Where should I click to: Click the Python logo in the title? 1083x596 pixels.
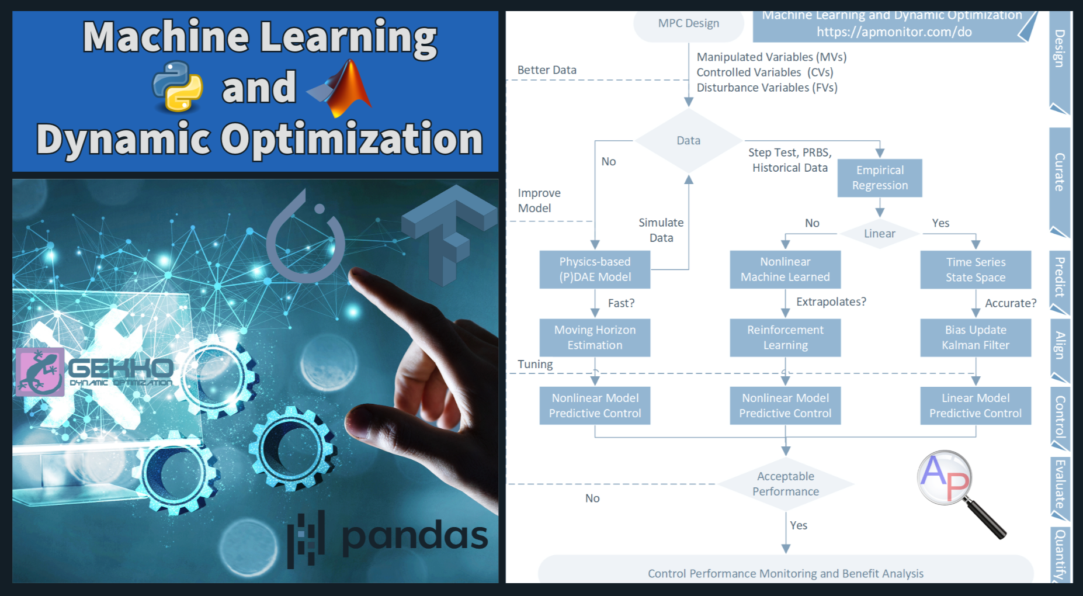pos(178,86)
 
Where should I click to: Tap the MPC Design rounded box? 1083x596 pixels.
pos(689,25)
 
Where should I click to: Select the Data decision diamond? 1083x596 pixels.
pos(689,141)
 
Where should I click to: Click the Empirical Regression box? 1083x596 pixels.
pos(880,178)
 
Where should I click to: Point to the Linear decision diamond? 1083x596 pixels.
pos(880,234)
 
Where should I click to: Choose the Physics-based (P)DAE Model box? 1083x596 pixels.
pos(595,269)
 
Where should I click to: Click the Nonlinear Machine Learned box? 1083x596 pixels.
pos(785,269)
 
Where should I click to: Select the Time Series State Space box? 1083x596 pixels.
pos(976,270)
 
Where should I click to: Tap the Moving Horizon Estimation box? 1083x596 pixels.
pos(595,338)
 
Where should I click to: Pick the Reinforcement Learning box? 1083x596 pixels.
pos(785,338)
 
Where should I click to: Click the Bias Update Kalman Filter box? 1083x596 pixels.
pos(976,338)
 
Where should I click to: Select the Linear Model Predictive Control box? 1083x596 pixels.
pos(976,406)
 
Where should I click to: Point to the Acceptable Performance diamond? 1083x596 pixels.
pos(786,484)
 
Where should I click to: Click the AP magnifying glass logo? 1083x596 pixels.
pos(961,493)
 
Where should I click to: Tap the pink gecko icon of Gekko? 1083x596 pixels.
pos(39,372)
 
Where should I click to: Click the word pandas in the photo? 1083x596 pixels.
pos(414,535)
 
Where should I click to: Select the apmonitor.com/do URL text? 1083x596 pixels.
pos(894,32)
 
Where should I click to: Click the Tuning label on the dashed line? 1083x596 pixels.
pos(535,364)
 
